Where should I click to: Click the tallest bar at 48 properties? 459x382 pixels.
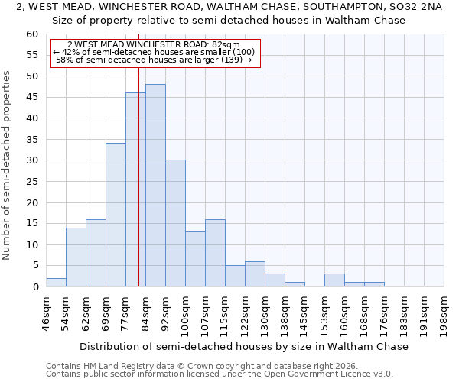[x=155, y=186]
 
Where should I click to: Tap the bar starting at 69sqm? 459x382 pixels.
[x=116, y=215]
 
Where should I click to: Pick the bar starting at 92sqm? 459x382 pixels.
[x=175, y=223]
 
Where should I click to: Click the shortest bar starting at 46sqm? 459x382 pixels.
[x=56, y=282]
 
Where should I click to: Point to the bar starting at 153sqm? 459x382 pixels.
[x=334, y=280]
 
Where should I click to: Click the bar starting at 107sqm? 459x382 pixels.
[x=215, y=253]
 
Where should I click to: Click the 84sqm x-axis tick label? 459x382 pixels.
[x=145, y=312]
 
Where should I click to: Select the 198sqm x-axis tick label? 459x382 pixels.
[x=444, y=312]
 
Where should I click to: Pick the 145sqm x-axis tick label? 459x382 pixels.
[x=304, y=312]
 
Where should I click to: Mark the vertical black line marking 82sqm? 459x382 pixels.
[x=138, y=191]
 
